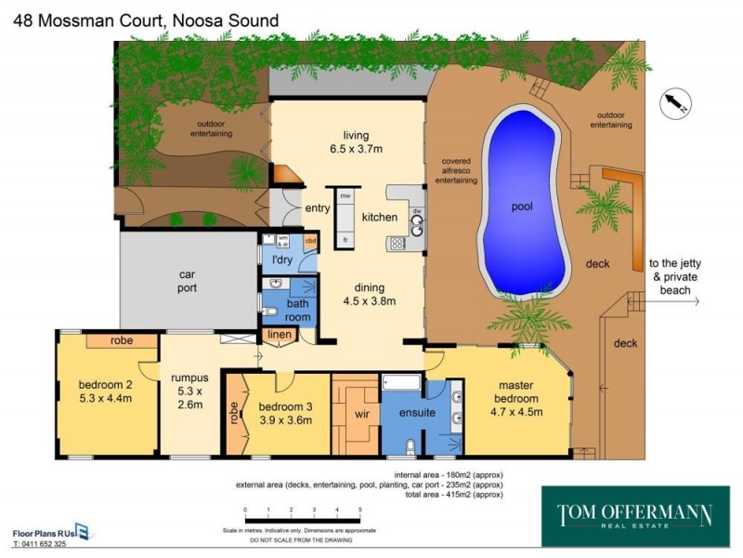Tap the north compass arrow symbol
(673, 104)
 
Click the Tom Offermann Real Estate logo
(635, 515)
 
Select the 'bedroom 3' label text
(285, 406)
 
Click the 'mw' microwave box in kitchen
(345, 196)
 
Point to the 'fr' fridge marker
(345, 240)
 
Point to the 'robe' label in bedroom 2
(121, 341)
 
